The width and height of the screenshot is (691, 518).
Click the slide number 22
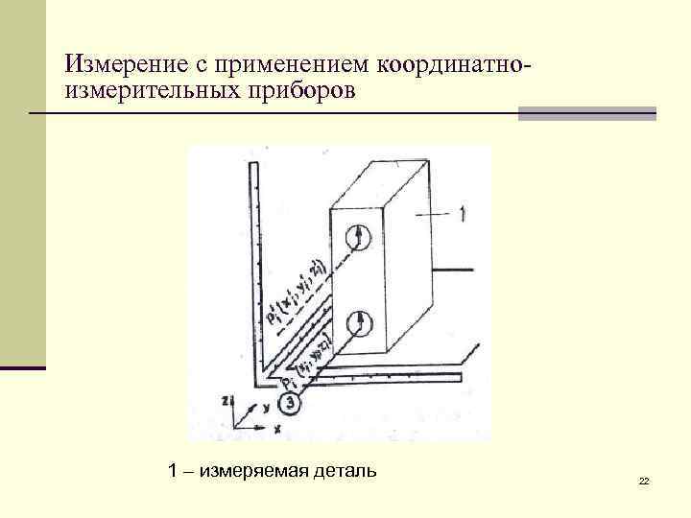coord(644,480)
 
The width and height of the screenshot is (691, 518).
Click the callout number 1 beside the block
coord(464,215)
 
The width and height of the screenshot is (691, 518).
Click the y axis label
coord(264,408)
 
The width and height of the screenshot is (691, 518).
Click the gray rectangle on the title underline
coord(586,113)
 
